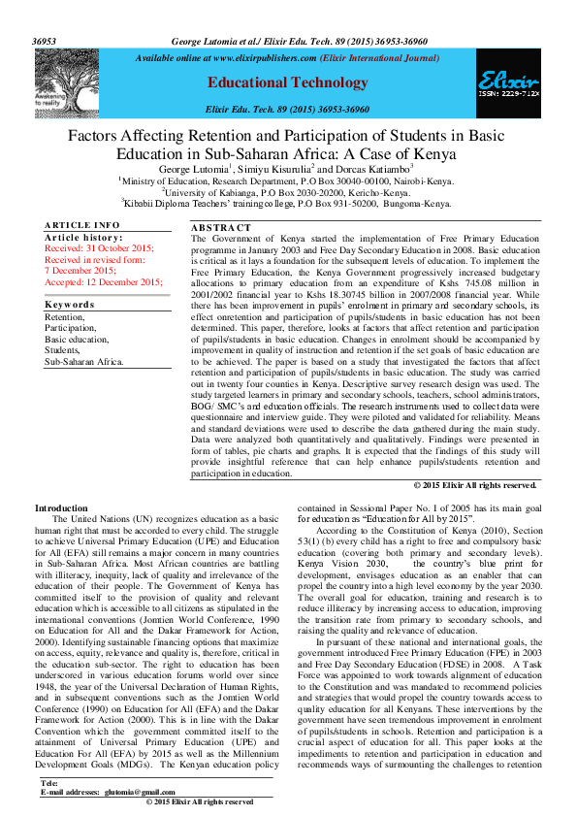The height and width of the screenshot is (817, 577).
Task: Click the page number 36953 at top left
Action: point(45,43)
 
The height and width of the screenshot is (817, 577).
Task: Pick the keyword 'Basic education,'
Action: point(77,340)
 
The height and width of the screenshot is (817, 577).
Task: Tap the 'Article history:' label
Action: point(82,237)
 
